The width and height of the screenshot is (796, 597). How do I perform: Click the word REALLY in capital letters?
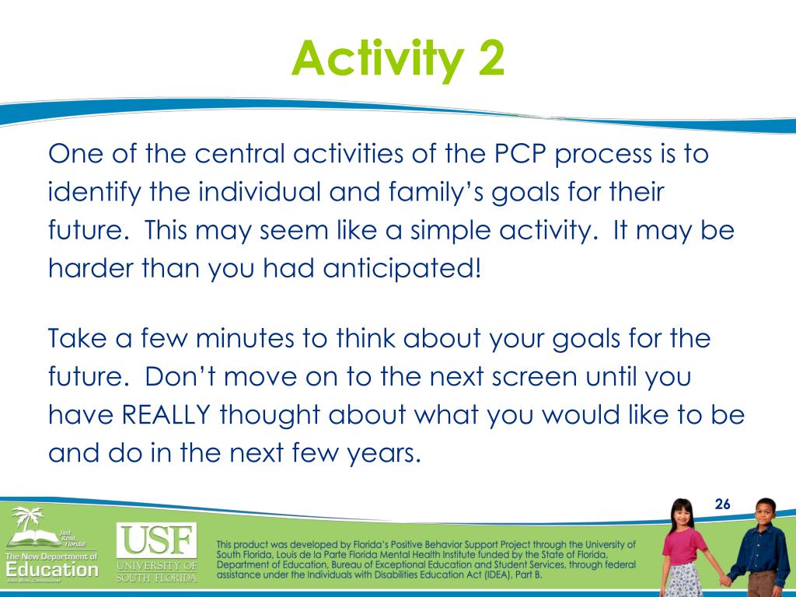166,414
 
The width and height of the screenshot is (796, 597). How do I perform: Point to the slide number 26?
722,504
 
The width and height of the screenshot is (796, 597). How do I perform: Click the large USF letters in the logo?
156,540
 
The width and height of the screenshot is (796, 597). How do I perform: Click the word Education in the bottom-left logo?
52,570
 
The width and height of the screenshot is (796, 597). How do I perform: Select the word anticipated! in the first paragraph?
401,268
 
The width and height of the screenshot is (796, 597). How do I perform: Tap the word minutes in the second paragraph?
245,338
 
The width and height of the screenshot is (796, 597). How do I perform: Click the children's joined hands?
727,580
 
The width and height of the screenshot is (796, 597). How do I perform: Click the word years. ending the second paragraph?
384,453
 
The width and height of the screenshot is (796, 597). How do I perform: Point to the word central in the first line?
239,153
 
